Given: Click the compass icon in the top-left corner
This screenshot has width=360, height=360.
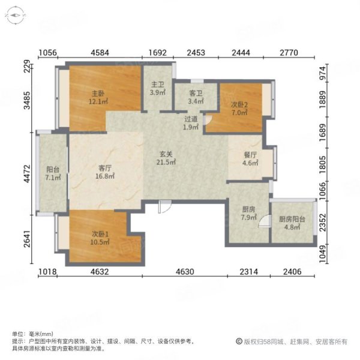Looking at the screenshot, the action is pyautogui.click(x=16, y=16).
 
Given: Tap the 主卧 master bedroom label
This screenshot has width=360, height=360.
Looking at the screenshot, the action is pyautogui.click(x=98, y=97).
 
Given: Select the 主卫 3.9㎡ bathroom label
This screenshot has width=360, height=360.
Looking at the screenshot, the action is pyautogui.click(x=158, y=89).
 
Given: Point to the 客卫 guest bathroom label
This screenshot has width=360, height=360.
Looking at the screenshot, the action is pyautogui.click(x=196, y=97).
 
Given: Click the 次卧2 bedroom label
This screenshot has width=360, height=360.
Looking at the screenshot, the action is pyautogui.click(x=239, y=109).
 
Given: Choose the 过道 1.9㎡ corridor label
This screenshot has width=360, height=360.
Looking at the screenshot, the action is pyautogui.click(x=191, y=123).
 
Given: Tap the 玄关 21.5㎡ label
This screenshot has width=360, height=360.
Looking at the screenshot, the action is pyautogui.click(x=166, y=158).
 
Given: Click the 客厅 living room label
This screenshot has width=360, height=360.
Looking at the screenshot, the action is pyautogui.click(x=105, y=172).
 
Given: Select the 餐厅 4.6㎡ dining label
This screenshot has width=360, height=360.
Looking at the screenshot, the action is pyautogui.click(x=250, y=159).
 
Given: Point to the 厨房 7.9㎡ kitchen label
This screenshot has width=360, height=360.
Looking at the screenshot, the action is pyautogui.click(x=248, y=213).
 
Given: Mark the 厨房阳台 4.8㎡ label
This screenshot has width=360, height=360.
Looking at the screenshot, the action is pyautogui.click(x=292, y=223).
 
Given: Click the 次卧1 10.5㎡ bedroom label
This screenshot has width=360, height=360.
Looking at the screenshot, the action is pyautogui.click(x=100, y=238).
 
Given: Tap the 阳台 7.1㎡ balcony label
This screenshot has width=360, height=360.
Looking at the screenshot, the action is pyautogui.click(x=53, y=173).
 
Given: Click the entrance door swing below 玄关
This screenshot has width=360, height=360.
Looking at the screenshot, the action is pyautogui.click(x=164, y=206).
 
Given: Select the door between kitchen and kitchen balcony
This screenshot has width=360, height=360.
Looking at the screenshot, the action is pyautogui.click(x=265, y=221).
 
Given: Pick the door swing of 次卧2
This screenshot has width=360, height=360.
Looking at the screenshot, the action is pyautogui.click(x=208, y=119).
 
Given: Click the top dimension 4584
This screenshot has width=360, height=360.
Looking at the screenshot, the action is pyautogui.click(x=100, y=53).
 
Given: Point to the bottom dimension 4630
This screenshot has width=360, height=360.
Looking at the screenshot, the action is pyautogui.click(x=185, y=272).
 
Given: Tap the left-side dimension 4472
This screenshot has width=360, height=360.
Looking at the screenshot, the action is pyautogui.click(x=28, y=173).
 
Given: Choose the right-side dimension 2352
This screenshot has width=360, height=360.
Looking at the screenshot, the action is pyautogui.click(x=323, y=223).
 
